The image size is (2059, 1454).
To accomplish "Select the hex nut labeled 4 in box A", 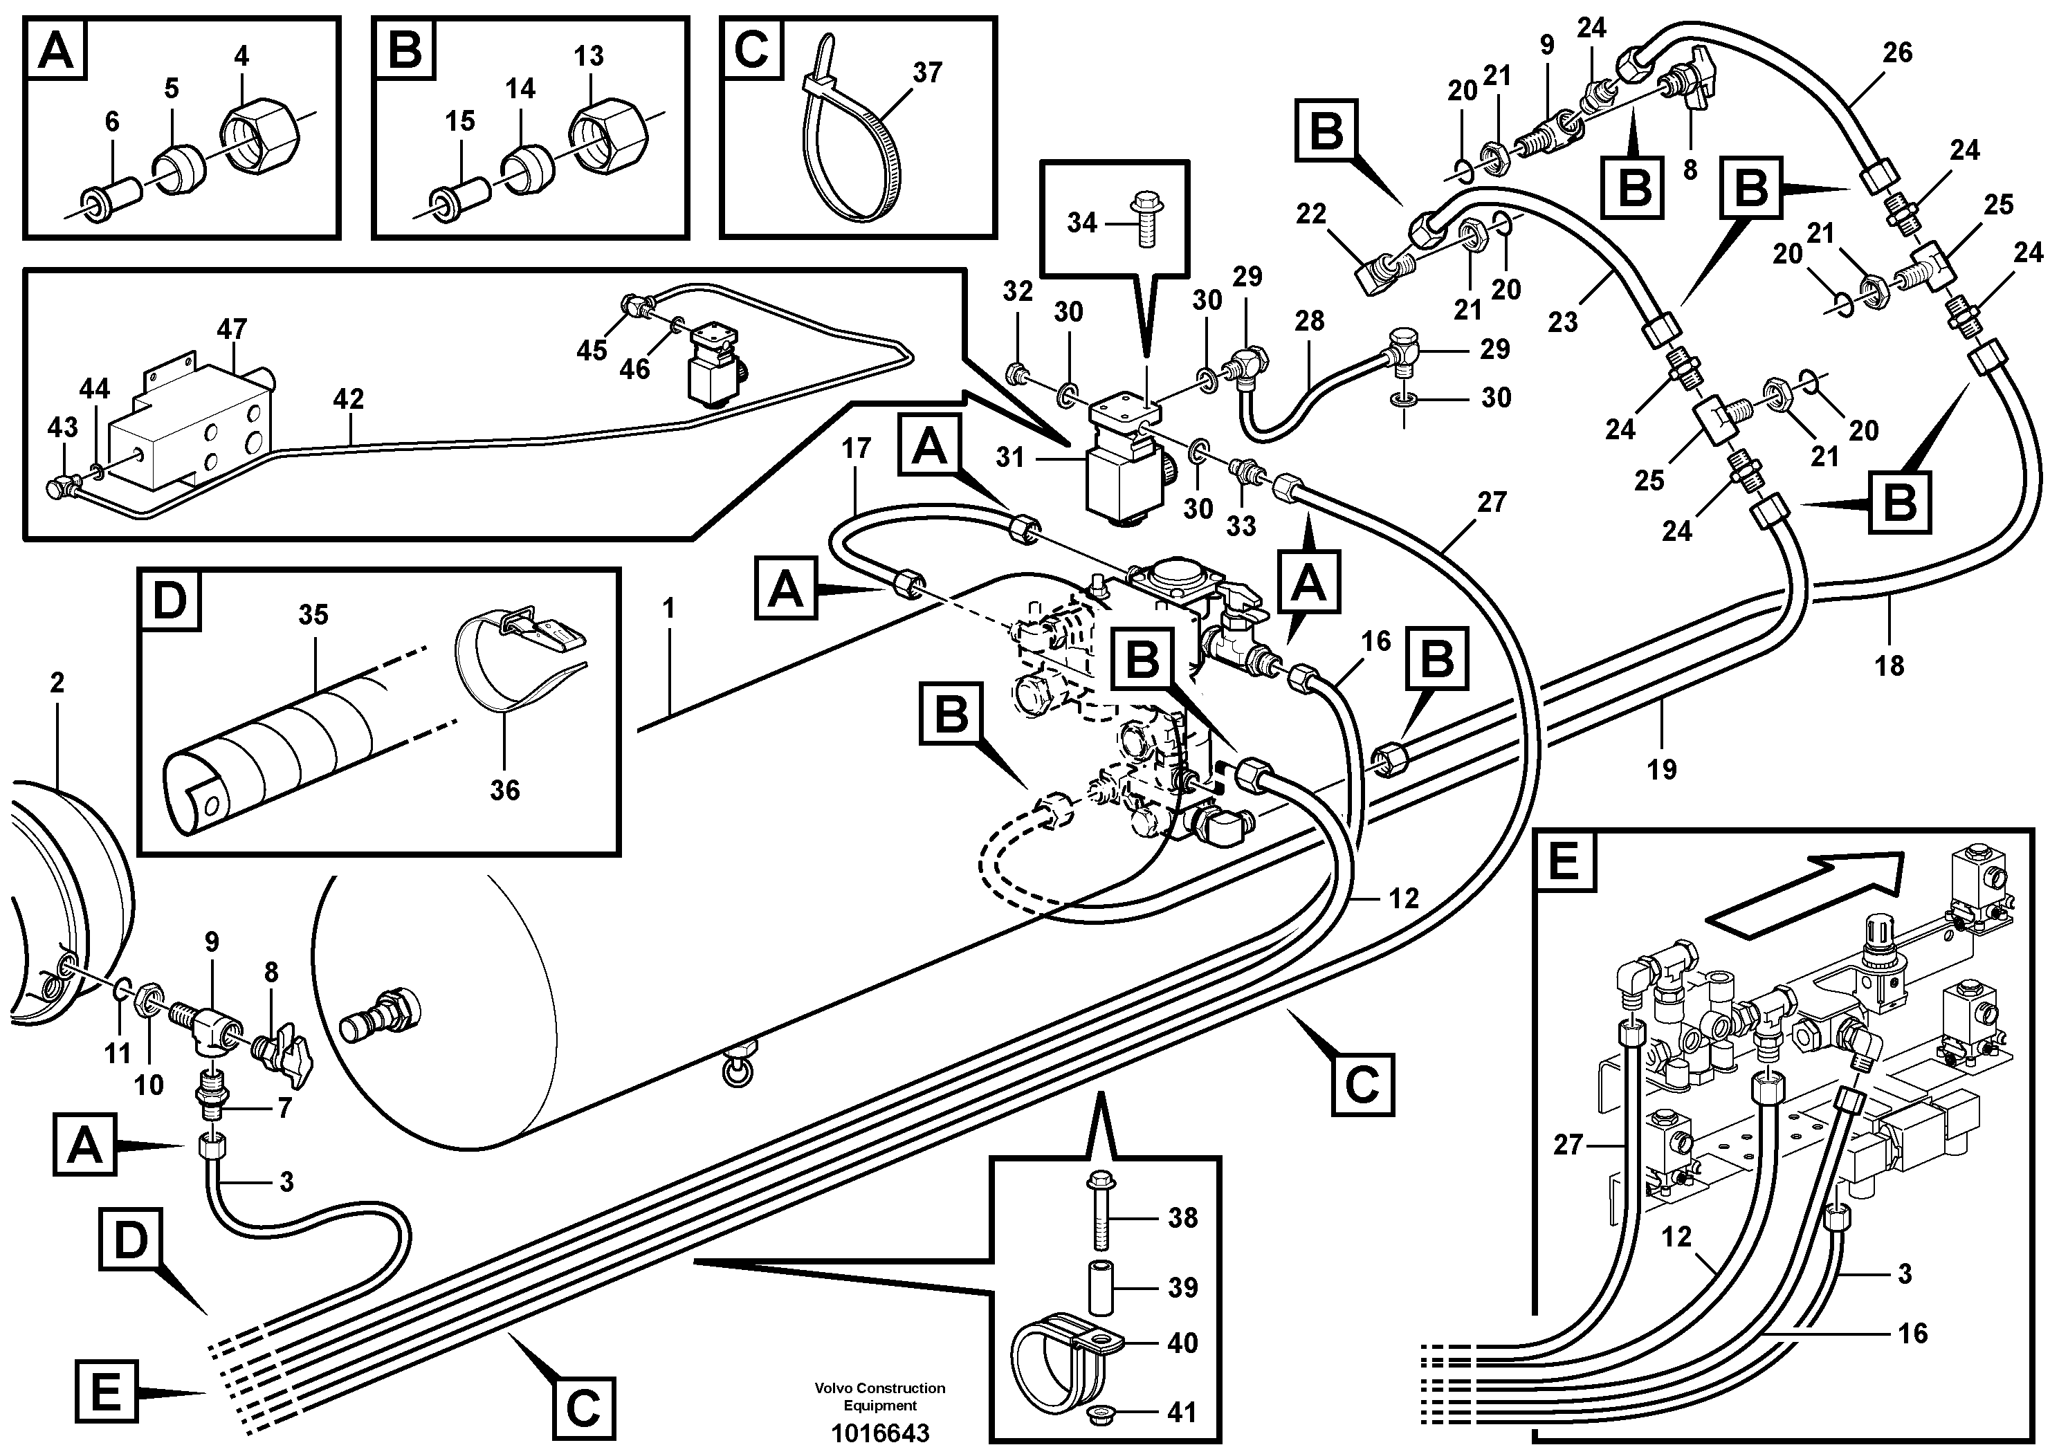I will point(260,130).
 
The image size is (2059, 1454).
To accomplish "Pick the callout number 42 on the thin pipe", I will point(348,399).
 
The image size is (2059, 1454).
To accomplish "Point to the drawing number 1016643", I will point(880,1433).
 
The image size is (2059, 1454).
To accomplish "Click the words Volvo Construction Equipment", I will point(880,1397).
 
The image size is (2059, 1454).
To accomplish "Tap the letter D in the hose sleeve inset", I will point(169,600).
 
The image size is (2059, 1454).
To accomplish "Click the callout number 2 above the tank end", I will point(57,683).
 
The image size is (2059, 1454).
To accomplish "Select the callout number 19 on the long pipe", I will point(1661,769).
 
